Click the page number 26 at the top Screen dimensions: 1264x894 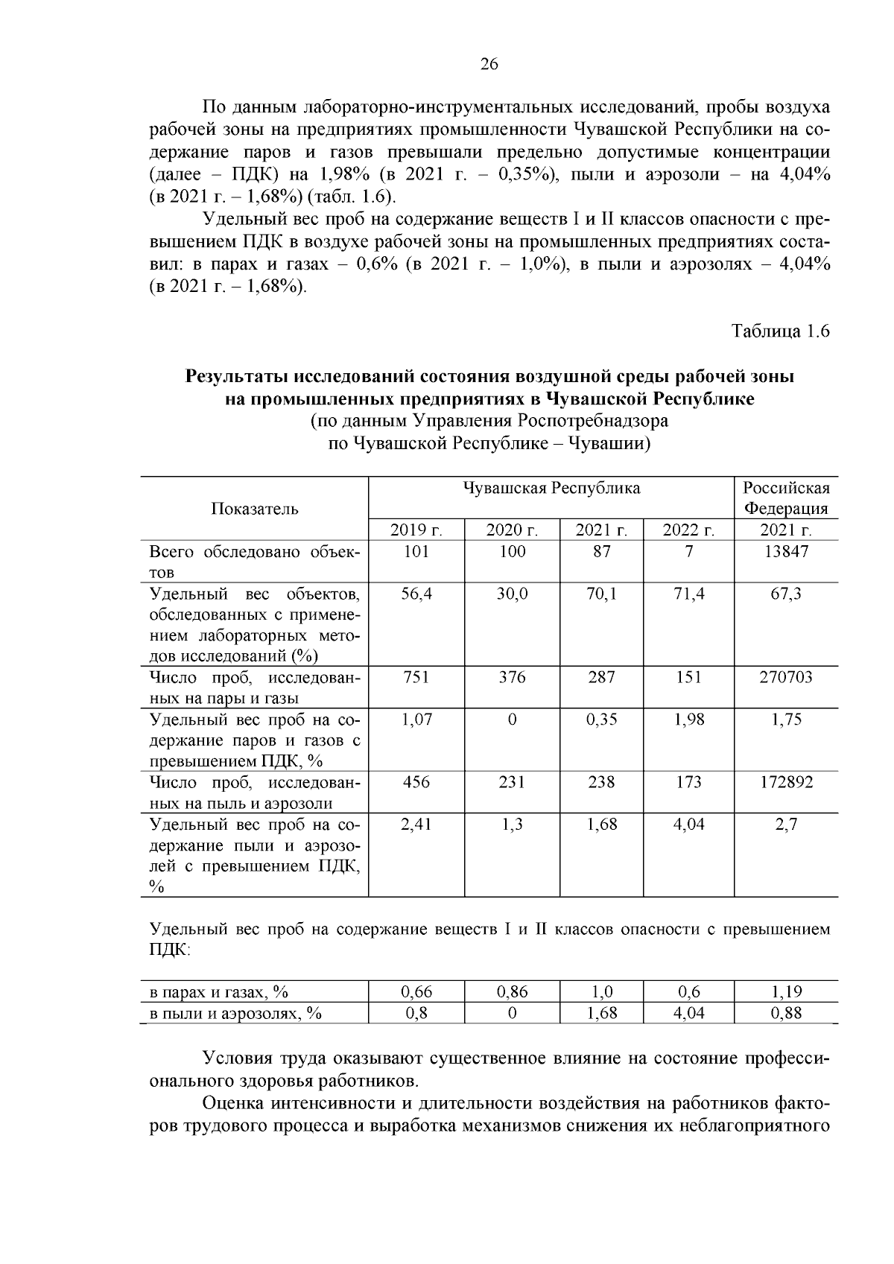(x=489, y=64)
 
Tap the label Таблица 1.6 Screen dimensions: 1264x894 (x=780, y=331)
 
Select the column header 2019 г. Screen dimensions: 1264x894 (x=416, y=530)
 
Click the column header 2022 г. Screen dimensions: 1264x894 (x=688, y=530)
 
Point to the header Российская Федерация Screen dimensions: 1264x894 (x=786, y=498)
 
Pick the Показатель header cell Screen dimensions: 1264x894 (x=255, y=509)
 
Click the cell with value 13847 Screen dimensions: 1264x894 (x=786, y=551)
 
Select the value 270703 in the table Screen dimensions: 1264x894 (x=786, y=677)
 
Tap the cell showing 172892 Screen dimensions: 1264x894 (x=786, y=782)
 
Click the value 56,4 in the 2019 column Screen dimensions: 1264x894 (x=416, y=594)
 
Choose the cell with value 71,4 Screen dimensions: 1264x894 (x=688, y=594)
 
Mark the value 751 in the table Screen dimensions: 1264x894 (x=416, y=677)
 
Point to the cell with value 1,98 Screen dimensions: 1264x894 (x=688, y=720)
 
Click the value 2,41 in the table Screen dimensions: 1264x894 (x=416, y=825)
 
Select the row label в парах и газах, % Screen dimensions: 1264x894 (x=219, y=992)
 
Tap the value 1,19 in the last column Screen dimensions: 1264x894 (x=786, y=992)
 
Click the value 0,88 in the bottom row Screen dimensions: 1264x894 (x=786, y=1013)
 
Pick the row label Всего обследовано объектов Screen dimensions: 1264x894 (x=255, y=562)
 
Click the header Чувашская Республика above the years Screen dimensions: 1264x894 (x=551, y=489)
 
